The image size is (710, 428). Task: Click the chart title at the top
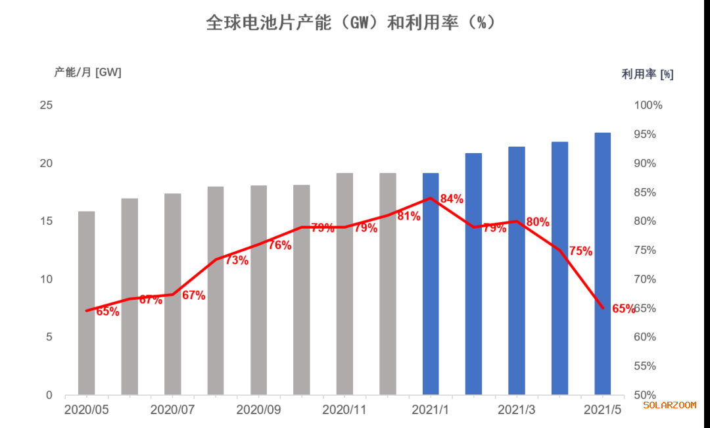pyautogui.click(x=350, y=23)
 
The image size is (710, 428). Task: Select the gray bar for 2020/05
pyautogui.click(x=86, y=302)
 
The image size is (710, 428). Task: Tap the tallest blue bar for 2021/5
pyautogui.click(x=603, y=263)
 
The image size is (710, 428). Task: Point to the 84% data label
pyautogui.click(x=452, y=199)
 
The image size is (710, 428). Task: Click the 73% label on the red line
pyautogui.click(x=237, y=260)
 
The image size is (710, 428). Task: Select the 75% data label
pyautogui.click(x=580, y=250)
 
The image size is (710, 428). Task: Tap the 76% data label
pyautogui.click(x=279, y=245)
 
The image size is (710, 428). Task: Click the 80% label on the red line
pyautogui.click(x=538, y=222)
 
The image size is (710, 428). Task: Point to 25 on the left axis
pyautogui.click(x=46, y=105)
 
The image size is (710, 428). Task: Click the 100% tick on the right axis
pyautogui.click(x=648, y=105)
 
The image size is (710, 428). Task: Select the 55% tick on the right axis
pyautogui.click(x=648, y=366)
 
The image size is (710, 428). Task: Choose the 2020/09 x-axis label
pyautogui.click(x=258, y=410)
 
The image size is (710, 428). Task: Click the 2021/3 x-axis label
pyautogui.click(x=516, y=410)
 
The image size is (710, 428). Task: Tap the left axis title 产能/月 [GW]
pyautogui.click(x=87, y=72)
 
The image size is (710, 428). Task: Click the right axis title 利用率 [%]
pyautogui.click(x=648, y=74)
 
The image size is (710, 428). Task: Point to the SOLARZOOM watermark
pyautogui.click(x=669, y=405)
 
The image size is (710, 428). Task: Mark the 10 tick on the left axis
pyautogui.click(x=46, y=279)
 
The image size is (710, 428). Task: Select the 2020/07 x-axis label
pyautogui.click(x=173, y=410)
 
